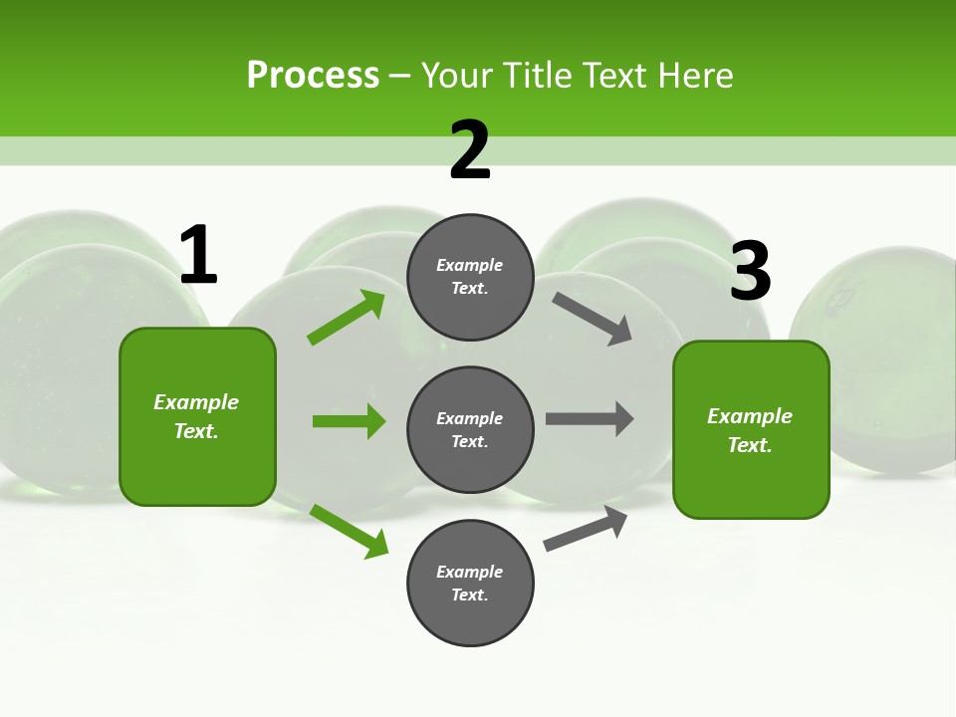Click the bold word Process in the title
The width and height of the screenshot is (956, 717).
pyautogui.click(x=313, y=76)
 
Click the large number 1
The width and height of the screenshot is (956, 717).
pyautogui.click(x=198, y=256)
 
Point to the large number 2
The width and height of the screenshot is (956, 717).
pyautogui.click(x=470, y=151)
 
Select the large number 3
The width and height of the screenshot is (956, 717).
pyautogui.click(x=750, y=272)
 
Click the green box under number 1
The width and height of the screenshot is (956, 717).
pyautogui.click(x=197, y=416)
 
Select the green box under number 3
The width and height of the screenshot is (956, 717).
pyautogui.click(x=751, y=430)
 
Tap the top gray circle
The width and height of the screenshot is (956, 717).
pyautogui.click(x=470, y=277)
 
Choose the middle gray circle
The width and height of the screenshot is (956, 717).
pyautogui.click(x=470, y=430)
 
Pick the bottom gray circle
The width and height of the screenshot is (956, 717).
pyautogui.click(x=470, y=584)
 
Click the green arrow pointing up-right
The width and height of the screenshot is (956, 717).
pyautogui.click(x=347, y=318)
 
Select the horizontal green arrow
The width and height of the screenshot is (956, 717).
pyautogui.click(x=349, y=421)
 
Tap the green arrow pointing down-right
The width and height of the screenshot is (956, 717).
pyautogui.click(x=350, y=532)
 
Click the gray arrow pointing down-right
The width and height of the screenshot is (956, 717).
pyautogui.click(x=593, y=319)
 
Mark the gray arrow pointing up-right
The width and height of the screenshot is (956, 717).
pyautogui.click(x=586, y=528)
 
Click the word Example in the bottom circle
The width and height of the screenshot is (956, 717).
pyautogui.click(x=470, y=572)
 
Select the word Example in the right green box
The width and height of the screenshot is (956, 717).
pyautogui.click(x=750, y=416)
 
